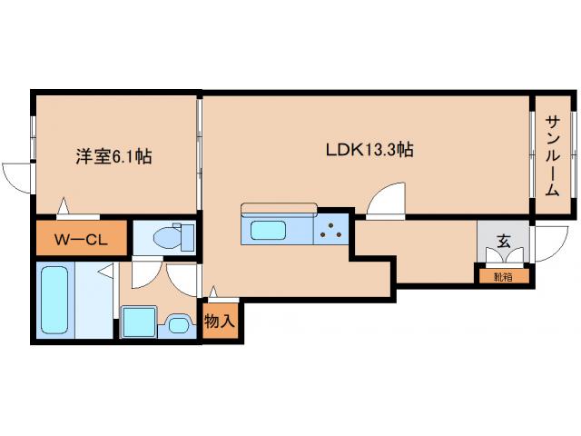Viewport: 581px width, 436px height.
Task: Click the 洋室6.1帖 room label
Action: pyautogui.click(x=113, y=156)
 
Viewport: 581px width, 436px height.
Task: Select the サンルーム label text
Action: pyautogui.click(x=552, y=155)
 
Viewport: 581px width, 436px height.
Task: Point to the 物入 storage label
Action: pyautogui.click(x=220, y=322)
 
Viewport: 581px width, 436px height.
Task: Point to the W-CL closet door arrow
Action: pyautogui.click(x=63, y=206)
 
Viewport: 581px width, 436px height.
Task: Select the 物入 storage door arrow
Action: pyautogui.click(x=214, y=292)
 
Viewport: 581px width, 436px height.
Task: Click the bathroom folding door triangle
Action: pyautogui.click(x=107, y=271)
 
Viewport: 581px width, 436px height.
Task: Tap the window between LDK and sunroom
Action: pyautogui.click(x=532, y=154)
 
